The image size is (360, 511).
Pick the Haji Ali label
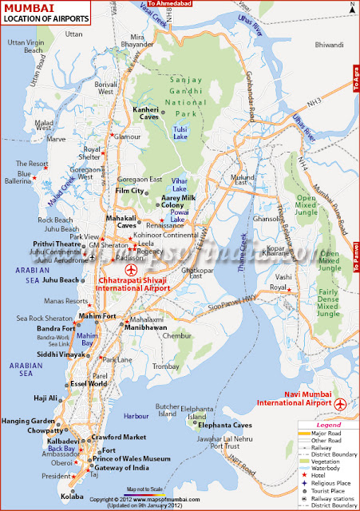(x=46, y=398)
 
